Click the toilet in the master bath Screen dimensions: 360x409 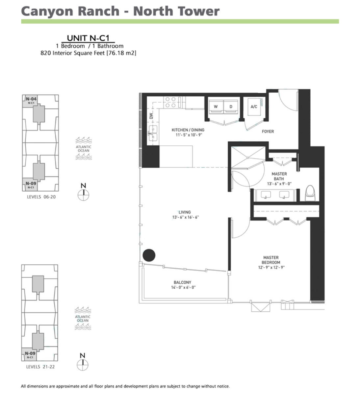coord(310,193)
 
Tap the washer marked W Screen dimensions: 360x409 coord(216,107)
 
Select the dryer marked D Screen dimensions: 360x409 coord(231,107)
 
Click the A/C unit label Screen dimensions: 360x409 coord(254,107)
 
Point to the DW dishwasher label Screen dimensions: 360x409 coord(151,116)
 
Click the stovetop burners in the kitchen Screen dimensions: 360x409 coord(170,102)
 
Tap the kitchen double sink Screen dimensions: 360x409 coord(153,133)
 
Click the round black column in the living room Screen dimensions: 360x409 coord(149,255)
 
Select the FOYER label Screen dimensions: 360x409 coord(268,132)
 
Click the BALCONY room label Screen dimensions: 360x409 coord(182,282)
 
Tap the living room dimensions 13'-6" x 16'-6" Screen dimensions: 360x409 coord(186,217)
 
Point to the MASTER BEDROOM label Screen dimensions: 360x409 coord(271,260)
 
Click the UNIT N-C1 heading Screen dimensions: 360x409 coord(88,38)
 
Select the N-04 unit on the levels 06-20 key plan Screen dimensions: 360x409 coord(31,101)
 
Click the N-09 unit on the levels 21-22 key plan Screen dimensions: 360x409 coord(30,355)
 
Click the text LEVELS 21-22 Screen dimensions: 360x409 coord(40,367)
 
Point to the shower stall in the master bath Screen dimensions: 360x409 coord(248,157)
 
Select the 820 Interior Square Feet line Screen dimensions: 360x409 coord(88,53)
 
